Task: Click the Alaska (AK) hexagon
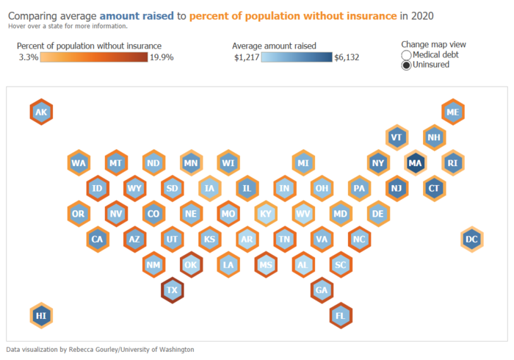(41, 112)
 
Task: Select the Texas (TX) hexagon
(173, 289)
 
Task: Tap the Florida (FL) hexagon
(341, 315)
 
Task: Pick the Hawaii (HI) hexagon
(41, 315)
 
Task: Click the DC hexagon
(472, 239)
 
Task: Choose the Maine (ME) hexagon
(453, 112)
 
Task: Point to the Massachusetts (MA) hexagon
(416, 162)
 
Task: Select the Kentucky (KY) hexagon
(266, 214)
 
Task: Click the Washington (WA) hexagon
(79, 162)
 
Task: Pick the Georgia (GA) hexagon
(322, 289)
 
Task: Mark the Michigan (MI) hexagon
(303, 162)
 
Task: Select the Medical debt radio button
(407, 55)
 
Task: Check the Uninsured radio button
(407, 65)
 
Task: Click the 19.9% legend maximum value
(162, 57)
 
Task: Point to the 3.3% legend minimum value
(28, 57)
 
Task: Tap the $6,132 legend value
(346, 57)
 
